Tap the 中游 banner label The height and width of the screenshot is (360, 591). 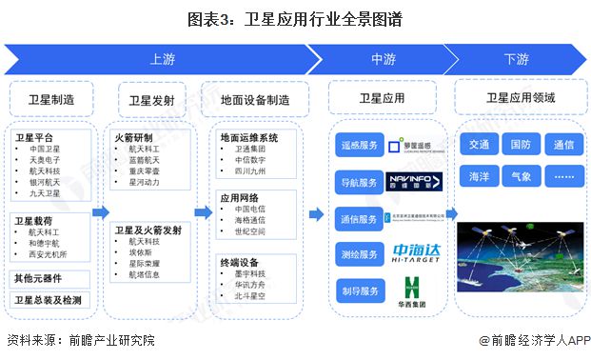click(383, 59)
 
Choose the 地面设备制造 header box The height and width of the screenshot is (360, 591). click(255, 98)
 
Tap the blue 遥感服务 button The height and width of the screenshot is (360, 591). click(359, 147)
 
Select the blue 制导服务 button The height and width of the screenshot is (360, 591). click(359, 289)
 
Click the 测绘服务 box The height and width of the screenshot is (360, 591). click(359, 253)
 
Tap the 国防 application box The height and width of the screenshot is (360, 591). click(521, 145)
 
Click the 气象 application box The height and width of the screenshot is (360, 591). click(521, 176)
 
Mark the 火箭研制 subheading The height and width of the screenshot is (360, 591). click(133, 136)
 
